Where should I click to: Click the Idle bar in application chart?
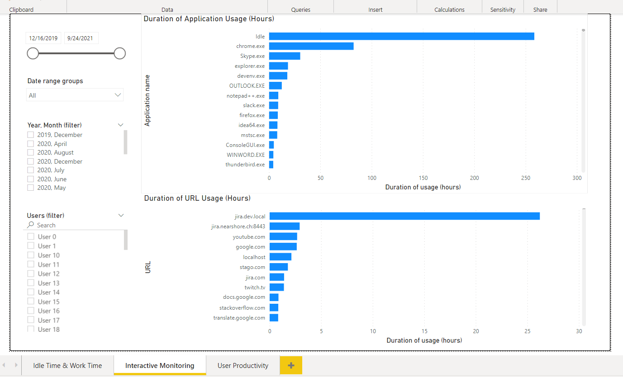[x=401, y=36]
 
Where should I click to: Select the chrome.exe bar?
[x=311, y=46]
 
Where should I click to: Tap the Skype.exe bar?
[x=285, y=56]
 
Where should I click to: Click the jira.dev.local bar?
[x=404, y=216]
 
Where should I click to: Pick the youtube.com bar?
[x=283, y=236]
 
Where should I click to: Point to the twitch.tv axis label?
[x=255, y=287]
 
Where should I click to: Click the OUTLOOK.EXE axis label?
[x=247, y=85]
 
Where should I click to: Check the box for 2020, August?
[x=31, y=152]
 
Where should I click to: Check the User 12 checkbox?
[x=31, y=273]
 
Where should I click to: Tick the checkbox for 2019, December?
[x=31, y=135]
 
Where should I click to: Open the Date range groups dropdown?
[x=75, y=95]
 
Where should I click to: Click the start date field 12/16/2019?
[x=43, y=38]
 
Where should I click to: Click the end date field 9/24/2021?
[x=81, y=38]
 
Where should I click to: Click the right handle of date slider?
[x=119, y=53]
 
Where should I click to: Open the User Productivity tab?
[x=243, y=365]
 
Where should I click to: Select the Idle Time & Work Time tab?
[x=67, y=365]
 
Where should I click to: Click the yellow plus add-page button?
[x=291, y=365]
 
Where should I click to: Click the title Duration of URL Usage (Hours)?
[x=197, y=198]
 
